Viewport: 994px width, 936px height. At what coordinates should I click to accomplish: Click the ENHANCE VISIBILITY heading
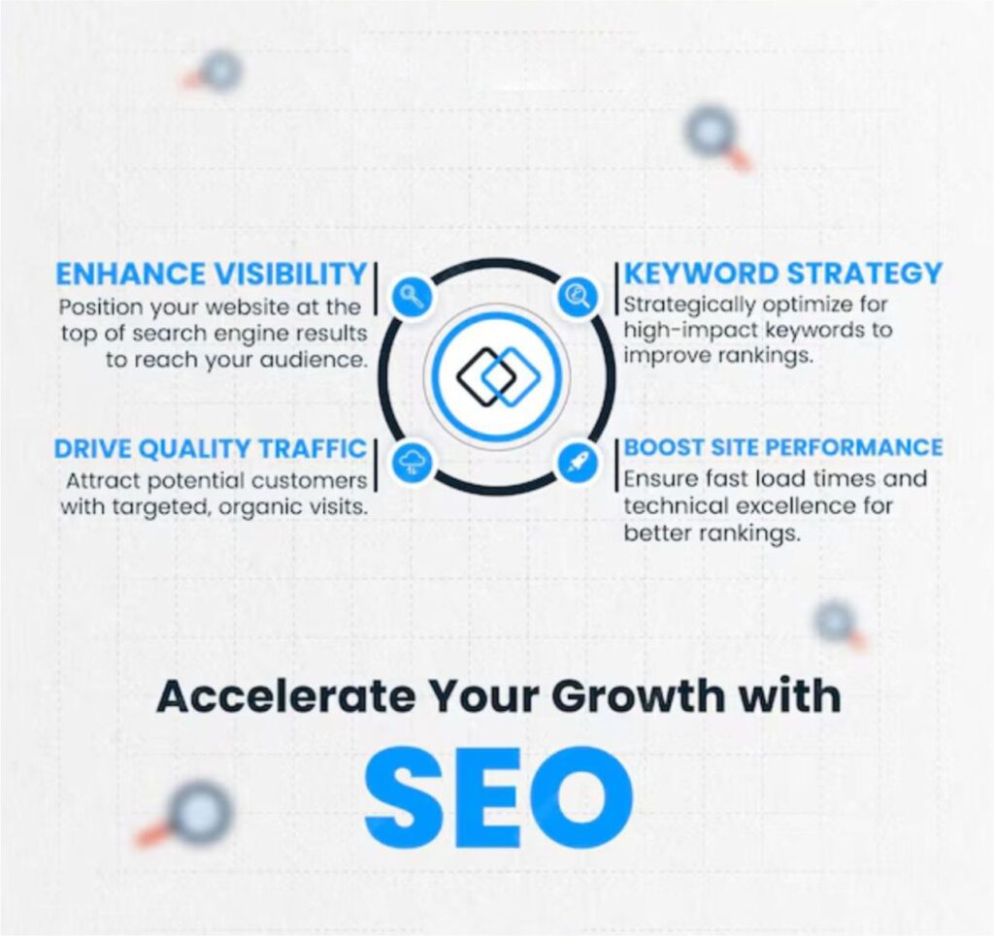click(211, 274)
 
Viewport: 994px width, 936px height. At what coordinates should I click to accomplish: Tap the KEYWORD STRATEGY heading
click(783, 274)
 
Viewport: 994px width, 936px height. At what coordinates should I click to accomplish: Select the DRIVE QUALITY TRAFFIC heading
click(211, 448)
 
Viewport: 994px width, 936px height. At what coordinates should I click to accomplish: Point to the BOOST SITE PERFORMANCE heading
click(783, 447)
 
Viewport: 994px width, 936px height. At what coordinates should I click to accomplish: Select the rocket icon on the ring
click(578, 463)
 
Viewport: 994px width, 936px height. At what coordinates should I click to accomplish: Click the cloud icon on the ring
click(412, 464)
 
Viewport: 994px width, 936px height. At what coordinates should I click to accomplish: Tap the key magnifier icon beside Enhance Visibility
click(412, 296)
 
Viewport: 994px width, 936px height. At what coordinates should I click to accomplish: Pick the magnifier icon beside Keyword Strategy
click(578, 296)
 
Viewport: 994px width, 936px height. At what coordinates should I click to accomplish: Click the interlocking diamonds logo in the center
click(498, 377)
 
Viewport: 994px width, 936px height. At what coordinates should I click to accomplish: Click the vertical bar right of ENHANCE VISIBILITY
click(376, 289)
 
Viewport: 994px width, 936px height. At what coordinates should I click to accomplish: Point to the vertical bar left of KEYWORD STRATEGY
click(616, 288)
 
